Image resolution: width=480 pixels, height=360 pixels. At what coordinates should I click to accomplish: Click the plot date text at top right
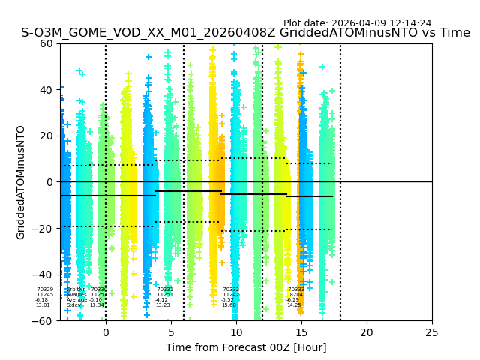tap(357, 23)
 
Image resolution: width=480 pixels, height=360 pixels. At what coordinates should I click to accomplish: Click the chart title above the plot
tap(245, 33)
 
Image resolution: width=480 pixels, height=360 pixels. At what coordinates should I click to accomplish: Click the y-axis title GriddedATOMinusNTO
tap(21, 182)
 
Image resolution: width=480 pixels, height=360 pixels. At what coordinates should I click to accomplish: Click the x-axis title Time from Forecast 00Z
tap(246, 347)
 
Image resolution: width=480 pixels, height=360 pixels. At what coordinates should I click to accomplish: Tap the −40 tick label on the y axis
tap(45, 274)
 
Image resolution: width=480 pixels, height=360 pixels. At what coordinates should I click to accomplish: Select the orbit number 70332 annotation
tap(231, 289)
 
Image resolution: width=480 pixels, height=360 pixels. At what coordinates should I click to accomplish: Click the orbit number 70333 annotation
tap(296, 289)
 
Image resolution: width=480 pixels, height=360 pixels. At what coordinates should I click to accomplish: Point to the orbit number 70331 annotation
tap(165, 289)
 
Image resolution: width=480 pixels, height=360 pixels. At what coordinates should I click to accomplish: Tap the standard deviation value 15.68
tap(229, 305)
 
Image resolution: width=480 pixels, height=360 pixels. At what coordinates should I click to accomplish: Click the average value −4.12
tap(162, 300)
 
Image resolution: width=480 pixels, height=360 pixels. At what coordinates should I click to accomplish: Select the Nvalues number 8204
tap(296, 295)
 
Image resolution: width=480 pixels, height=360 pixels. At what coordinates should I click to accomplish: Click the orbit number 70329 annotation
tap(45, 289)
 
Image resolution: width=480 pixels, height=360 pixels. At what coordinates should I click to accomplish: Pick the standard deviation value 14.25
tap(294, 305)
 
